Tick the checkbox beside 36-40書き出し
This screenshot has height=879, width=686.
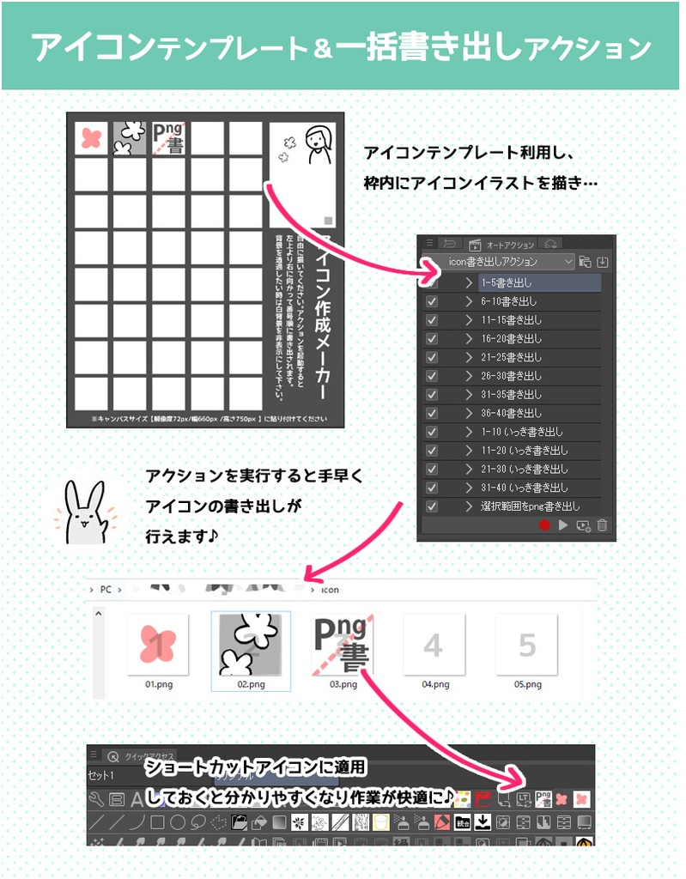coord(432,413)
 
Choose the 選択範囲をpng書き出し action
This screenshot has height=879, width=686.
coord(530,506)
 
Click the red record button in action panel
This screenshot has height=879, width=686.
coord(543,525)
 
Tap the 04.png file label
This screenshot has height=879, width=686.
coord(435,684)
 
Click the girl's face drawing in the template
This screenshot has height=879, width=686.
coord(318,142)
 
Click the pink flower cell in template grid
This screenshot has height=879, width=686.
coord(90,138)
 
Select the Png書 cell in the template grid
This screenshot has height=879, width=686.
coord(168,138)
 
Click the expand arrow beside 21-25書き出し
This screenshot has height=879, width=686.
coord(469,357)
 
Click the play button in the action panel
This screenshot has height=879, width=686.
coord(563,525)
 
